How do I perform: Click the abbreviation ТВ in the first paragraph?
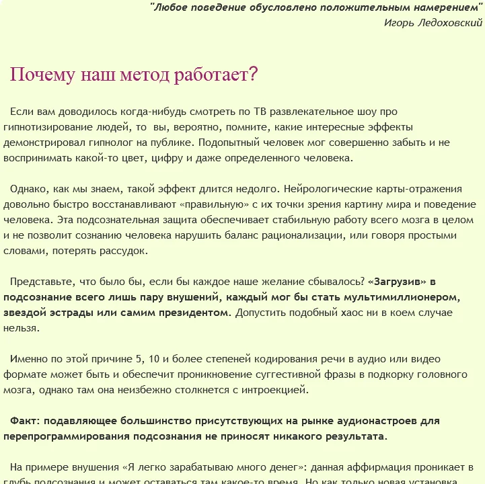pyautogui.click(x=262, y=111)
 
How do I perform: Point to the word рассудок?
pyautogui.click(x=125, y=251)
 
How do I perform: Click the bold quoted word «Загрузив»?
pyautogui.click(x=398, y=282)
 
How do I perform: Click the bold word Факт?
pyautogui.click(x=26, y=421)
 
